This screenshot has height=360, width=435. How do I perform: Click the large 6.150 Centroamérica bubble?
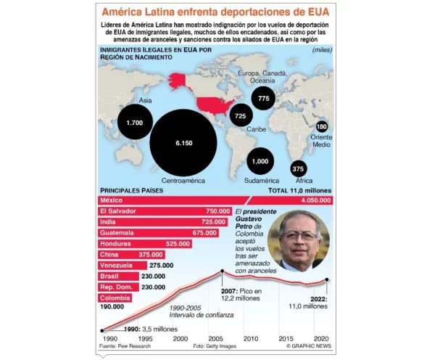[183, 143]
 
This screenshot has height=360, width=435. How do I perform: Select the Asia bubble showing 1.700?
[134, 123]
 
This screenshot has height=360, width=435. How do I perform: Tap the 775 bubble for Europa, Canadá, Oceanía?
[263, 98]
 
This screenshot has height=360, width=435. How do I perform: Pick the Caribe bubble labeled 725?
[240, 116]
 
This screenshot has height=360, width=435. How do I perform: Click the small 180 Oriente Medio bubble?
[323, 127]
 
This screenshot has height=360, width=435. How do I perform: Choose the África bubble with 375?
[298, 168]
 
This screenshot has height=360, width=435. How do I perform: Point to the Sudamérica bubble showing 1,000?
[259, 161]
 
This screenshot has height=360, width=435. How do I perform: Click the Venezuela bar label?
[116, 266]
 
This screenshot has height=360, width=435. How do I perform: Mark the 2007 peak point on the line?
[222, 272]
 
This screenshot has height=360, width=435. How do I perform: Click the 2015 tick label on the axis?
[286, 339]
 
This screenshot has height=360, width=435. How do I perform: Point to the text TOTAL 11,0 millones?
[299, 190]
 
